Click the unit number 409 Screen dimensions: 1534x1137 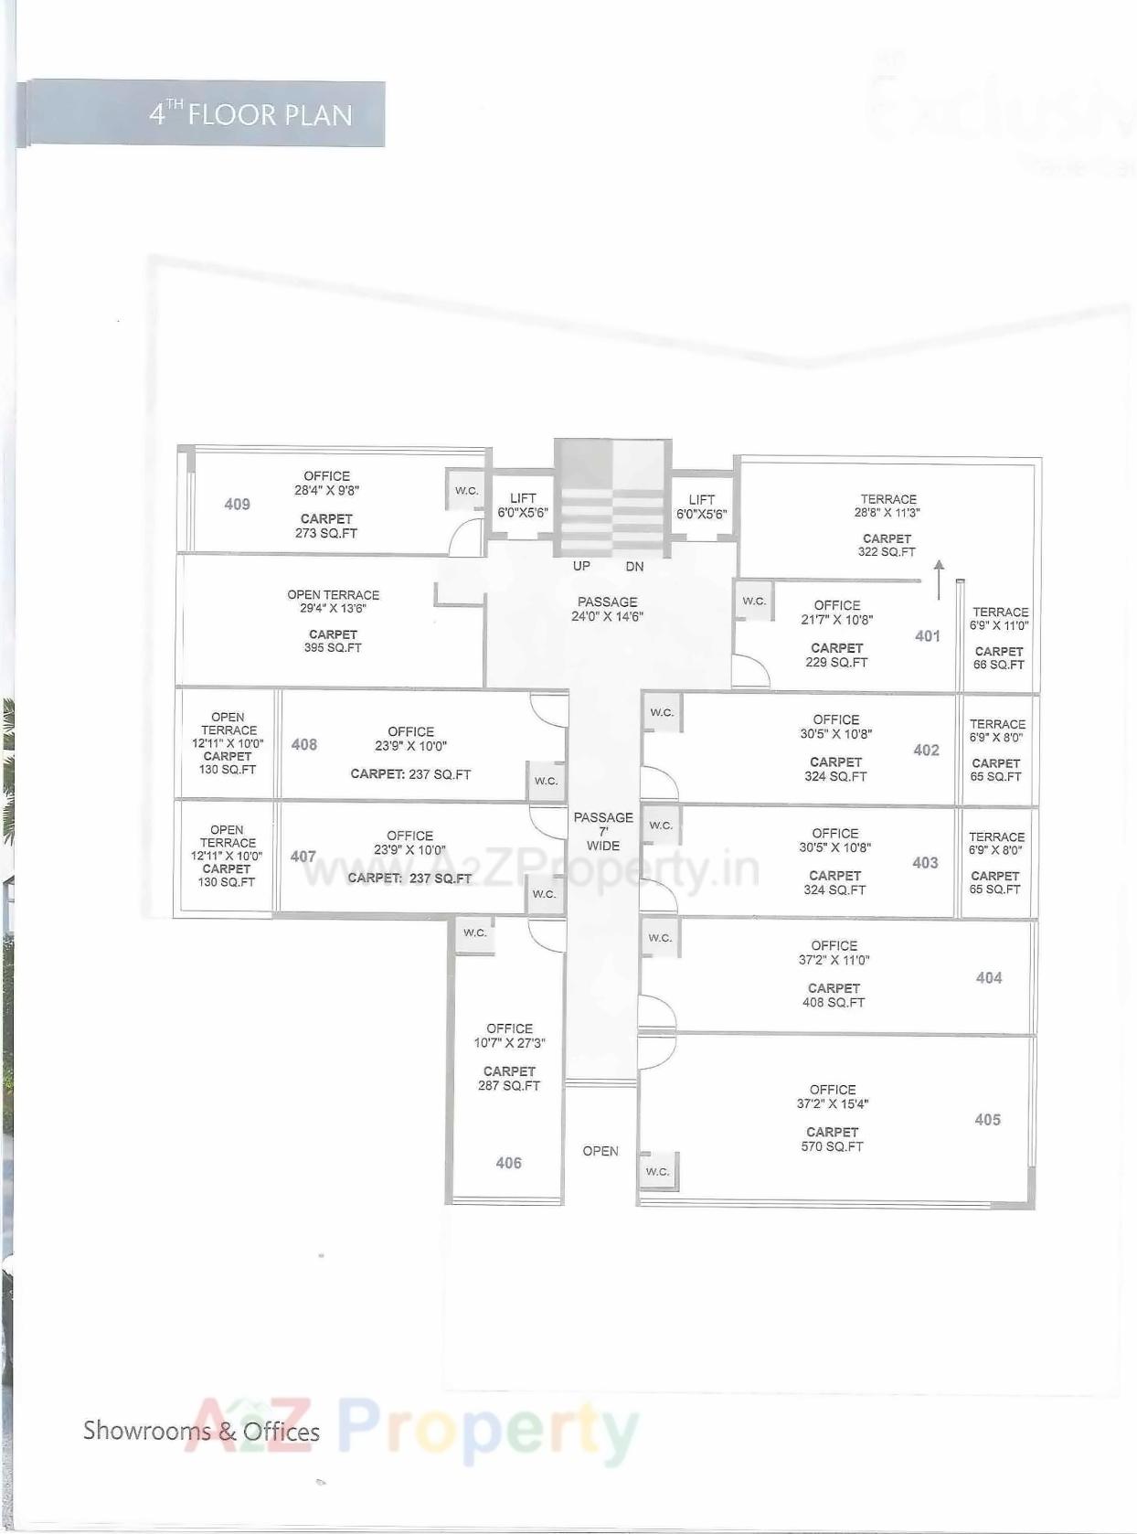click(x=237, y=504)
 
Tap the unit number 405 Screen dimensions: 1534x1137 click(x=987, y=1119)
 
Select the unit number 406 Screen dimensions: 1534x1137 click(x=508, y=1163)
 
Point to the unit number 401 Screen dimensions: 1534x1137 click(x=927, y=636)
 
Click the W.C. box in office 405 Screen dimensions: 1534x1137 click(x=658, y=1171)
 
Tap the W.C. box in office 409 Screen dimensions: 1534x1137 click(x=466, y=491)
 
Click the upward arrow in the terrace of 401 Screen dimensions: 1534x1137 click(x=939, y=580)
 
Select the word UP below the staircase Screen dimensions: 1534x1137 click(x=581, y=566)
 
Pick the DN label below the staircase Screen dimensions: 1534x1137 click(x=634, y=567)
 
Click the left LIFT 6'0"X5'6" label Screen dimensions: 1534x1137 click(x=523, y=506)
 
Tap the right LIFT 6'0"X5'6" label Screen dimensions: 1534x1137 click(x=701, y=506)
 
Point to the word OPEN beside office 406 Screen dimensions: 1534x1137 click(x=600, y=1151)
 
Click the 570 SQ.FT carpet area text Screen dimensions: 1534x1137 click(x=832, y=1146)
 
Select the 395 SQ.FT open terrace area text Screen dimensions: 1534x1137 click(x=333, y=647)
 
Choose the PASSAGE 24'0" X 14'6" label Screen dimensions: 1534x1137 click(x=608, y=609)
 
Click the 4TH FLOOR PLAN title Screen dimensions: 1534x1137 click(x=250, y=114)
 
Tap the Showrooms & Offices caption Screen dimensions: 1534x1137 click(x=201, y=1431)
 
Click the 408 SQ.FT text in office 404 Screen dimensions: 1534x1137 click(x=834, y=1002)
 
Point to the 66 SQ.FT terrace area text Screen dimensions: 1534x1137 click(x=998, y=665)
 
